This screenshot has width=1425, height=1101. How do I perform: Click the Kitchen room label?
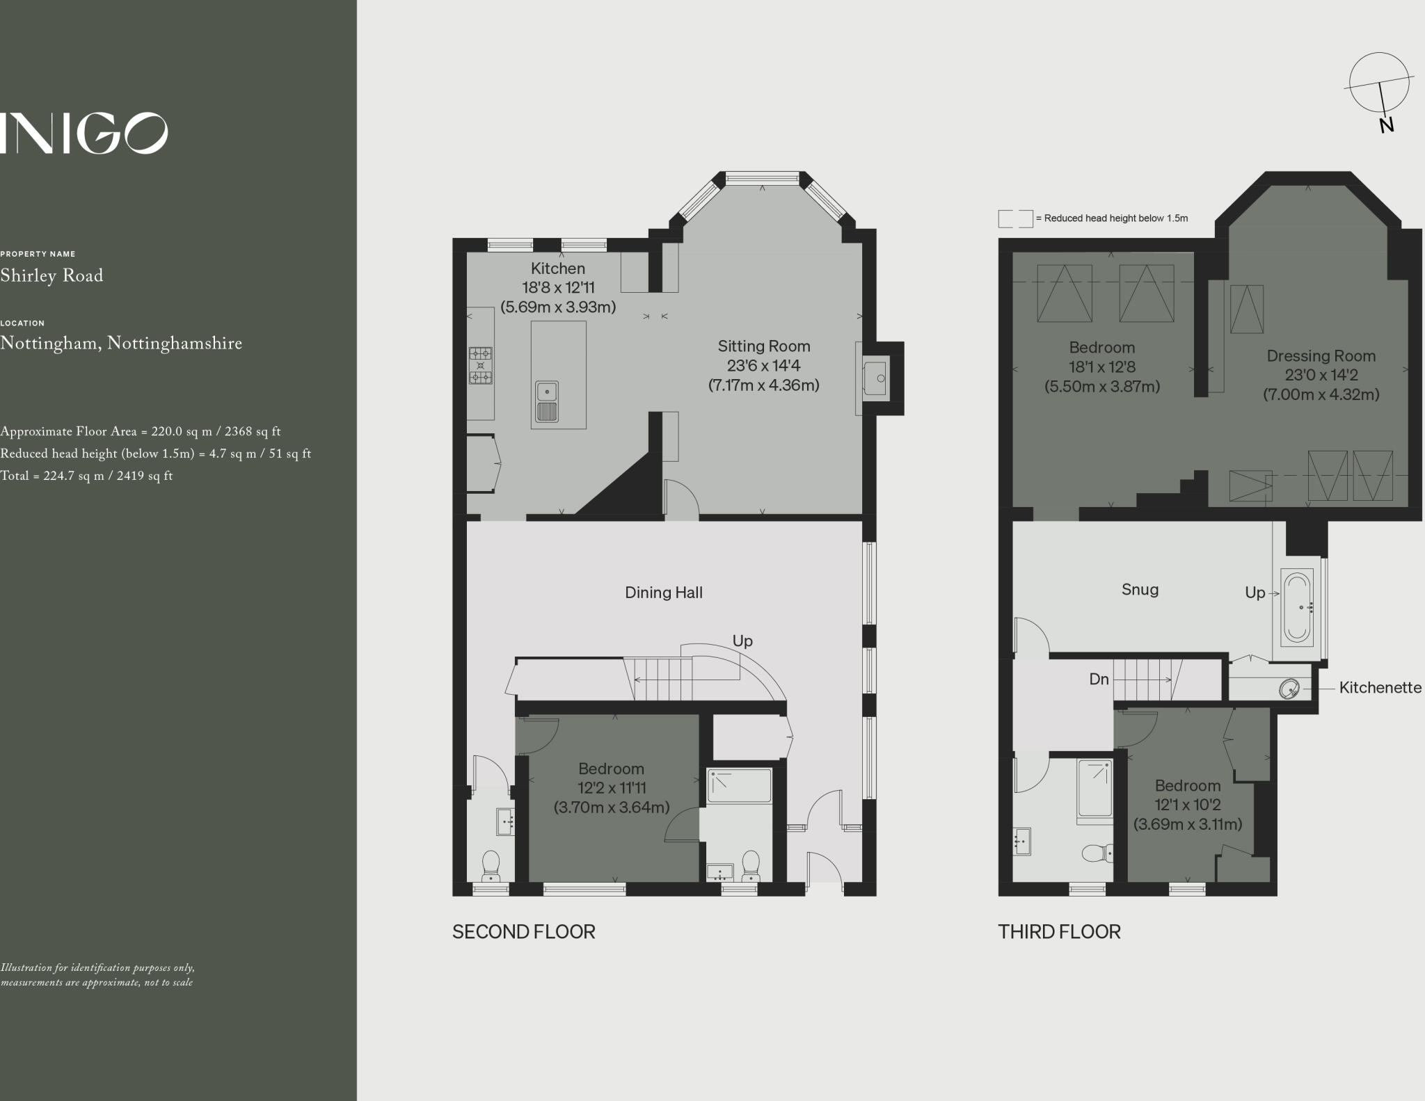click(558, 268)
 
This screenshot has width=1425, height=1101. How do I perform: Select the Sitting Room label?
click(764, 346)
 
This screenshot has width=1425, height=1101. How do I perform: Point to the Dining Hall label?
click(664, 593)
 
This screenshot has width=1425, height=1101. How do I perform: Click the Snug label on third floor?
click(1140, 590)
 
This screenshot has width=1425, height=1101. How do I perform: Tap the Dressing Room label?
click(1321, 356)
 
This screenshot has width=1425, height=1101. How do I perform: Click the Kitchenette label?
click(1380, 687)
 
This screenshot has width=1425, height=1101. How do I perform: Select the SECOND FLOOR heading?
click(524, 932)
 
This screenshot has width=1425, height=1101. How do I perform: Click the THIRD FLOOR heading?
click(1059, 932)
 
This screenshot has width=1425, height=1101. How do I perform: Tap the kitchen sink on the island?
click(547, 402)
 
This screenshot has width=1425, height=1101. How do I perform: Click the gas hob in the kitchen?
click(480, 365)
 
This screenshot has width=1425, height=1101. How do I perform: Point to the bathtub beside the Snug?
click(1296, 606)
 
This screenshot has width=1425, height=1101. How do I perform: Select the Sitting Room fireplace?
click(875, 378)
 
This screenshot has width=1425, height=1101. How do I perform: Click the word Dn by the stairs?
click(1099, 679)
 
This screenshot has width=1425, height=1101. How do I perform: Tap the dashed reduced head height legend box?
click(1015, 218)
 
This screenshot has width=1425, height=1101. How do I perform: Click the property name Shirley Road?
click(51, 275)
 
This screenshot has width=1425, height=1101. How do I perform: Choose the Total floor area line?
click(86, 476)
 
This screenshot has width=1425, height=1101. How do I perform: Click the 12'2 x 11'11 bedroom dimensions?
click(612, 788)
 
